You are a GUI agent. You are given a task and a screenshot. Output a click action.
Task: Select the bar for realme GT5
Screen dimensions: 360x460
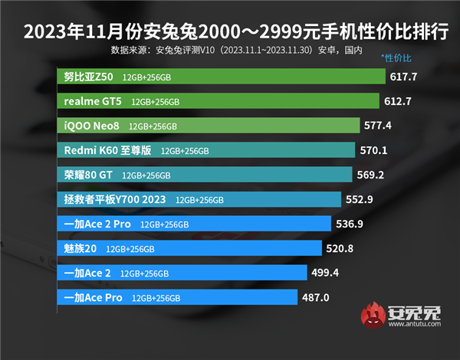point(219,101)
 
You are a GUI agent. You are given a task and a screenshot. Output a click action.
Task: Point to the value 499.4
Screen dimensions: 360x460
point(325,272)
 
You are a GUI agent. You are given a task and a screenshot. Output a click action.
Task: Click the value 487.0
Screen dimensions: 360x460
point(316,297)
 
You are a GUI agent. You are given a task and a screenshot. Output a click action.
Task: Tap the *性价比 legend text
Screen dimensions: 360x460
point(396,58)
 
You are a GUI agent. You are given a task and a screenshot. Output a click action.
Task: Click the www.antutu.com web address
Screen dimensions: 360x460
point(415,324)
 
